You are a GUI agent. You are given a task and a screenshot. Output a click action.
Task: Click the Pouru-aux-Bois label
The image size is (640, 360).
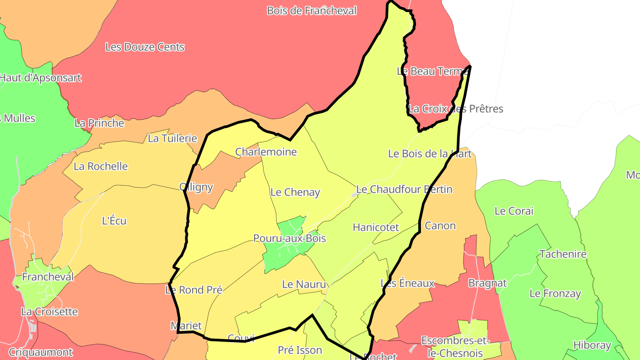289,239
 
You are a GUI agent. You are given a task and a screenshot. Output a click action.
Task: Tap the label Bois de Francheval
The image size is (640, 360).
312,11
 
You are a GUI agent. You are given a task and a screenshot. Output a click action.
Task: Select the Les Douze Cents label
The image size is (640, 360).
144,47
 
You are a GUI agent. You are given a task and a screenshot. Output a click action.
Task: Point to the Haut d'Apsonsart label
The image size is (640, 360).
40,78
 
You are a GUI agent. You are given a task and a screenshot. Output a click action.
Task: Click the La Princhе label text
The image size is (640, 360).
99,123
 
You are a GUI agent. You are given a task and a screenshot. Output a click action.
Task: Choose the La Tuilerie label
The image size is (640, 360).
172,138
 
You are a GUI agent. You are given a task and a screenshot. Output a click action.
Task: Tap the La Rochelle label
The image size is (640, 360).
100,166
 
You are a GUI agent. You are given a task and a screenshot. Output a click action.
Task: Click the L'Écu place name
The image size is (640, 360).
114,220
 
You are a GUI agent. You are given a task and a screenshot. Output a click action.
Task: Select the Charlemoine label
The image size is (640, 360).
266,152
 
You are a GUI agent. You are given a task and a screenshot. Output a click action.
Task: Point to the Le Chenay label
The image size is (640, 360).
295,192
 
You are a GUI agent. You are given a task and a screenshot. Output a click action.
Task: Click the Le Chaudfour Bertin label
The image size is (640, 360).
404,189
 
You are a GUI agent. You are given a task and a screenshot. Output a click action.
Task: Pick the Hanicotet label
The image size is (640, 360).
376,228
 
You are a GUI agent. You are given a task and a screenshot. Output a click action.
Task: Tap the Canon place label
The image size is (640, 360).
440,226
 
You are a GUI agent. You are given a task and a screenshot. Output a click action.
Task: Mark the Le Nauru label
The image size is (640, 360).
304,284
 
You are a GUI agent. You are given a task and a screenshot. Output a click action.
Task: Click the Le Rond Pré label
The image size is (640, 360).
193,290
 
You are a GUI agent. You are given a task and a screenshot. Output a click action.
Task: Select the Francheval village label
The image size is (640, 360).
48,277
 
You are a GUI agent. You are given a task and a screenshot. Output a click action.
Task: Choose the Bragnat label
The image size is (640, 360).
487,283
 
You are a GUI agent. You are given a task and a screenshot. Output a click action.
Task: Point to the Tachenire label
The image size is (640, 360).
563,254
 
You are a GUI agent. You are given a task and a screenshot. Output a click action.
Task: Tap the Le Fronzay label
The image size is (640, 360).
555,294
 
